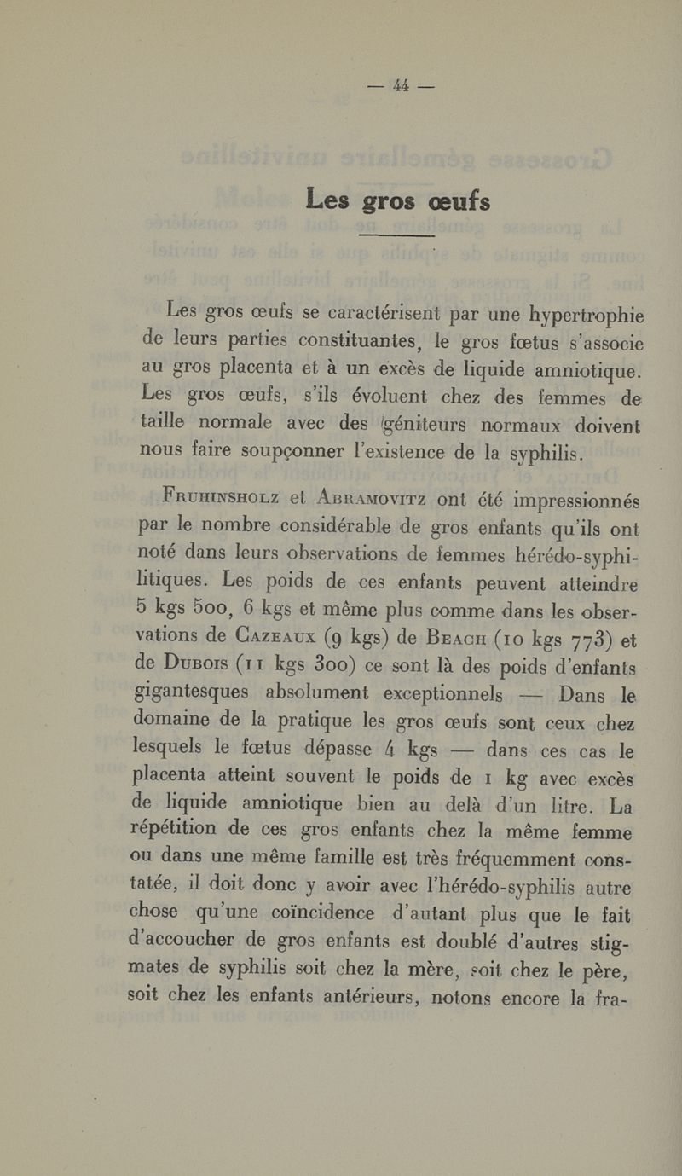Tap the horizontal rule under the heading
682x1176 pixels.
[397, 234]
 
